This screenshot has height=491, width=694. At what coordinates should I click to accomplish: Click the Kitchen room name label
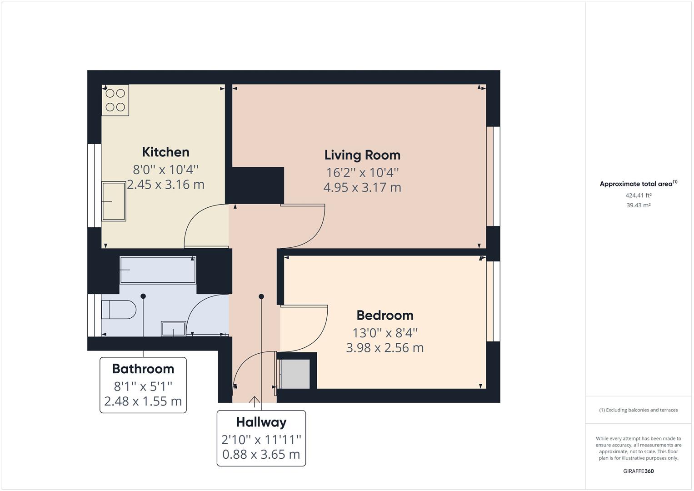click(x=165, y=152)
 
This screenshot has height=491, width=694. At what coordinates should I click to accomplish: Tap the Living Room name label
click(x=362, y=155)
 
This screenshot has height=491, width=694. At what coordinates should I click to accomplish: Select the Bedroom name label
click(x=384, y=315)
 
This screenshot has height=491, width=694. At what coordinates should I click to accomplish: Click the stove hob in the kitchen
click(x=115, y=100)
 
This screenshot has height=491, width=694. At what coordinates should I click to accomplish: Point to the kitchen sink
click(x=114, y=201)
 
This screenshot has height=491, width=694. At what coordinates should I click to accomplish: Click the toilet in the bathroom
click(x=119, y=310)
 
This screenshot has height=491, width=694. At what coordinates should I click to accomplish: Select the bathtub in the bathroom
click(x=158, y=270)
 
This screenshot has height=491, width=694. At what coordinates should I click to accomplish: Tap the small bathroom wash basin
click(x=174, y=329)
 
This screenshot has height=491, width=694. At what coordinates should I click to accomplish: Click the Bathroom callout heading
click(x=143, y=369)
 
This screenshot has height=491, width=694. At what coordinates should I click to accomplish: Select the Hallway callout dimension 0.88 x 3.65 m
click(x=261, y=454)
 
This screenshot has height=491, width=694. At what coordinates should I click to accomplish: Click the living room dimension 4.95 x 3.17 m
click(x=362, y=187)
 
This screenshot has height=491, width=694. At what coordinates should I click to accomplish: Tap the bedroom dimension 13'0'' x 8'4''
click(x=384, y=333)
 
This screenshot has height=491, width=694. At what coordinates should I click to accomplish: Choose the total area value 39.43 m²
click(x=638, y=205)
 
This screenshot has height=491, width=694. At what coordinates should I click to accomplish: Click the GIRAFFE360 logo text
click(x=638, y=471)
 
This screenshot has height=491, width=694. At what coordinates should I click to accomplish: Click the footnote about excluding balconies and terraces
click(x=638, y=410)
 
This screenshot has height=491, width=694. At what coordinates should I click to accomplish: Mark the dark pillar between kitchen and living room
click(x=258, y=185)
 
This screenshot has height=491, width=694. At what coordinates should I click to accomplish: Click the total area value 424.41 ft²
click(x=638, y=195)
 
